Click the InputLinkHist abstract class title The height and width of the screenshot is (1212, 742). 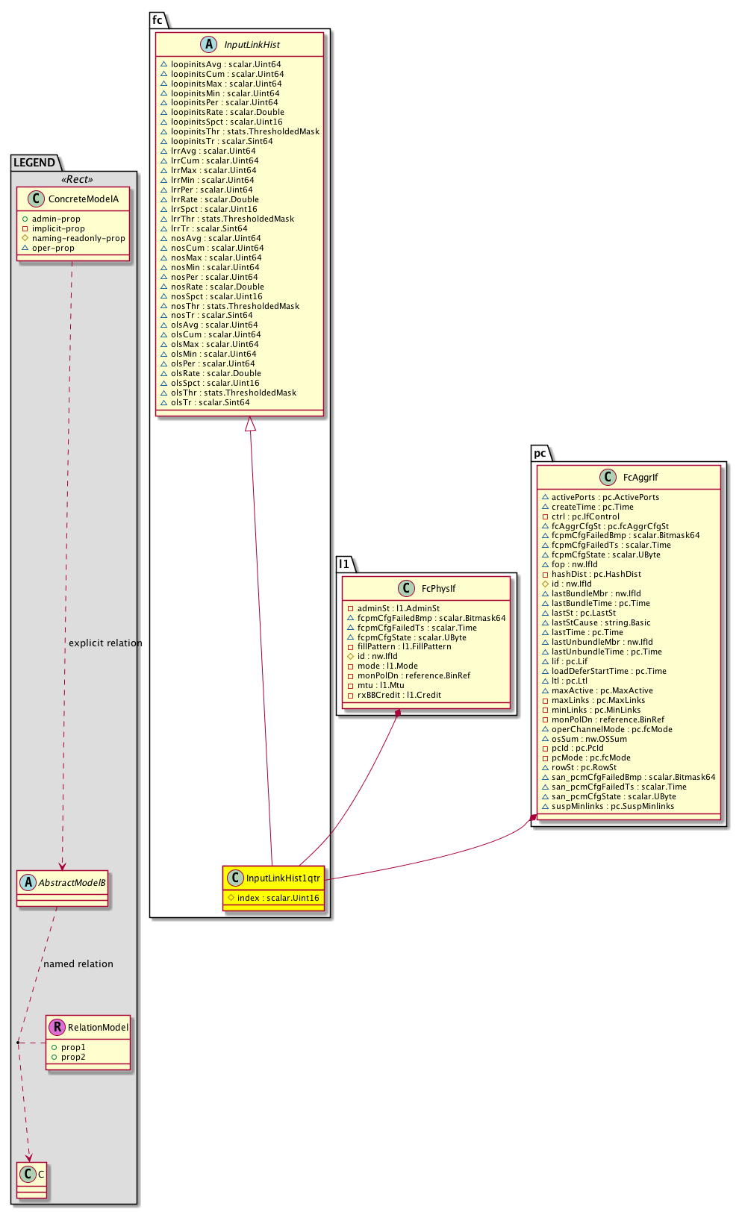click(x=252, y=45)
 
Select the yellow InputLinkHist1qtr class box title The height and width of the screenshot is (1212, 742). click(x=283, y=878)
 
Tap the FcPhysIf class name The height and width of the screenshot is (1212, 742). click(x=438, y=589)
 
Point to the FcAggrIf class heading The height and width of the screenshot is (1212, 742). click(x=640, y=478)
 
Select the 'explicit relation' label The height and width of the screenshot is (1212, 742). click(x=105, y=643)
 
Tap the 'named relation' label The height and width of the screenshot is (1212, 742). click(x=78, y=964)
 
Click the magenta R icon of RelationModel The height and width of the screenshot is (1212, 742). click(x=57, y=1028)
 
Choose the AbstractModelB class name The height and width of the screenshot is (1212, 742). click(x=72, y=883)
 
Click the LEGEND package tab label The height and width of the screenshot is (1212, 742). click(x=34, y=163)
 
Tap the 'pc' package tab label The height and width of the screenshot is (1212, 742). click(x=540, y=453)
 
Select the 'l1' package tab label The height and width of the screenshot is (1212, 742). click(x=343, y=564)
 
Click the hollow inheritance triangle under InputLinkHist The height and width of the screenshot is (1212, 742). click(x=251, y=424)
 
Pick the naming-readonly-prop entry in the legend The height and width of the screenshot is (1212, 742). click(x=78, y=238)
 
